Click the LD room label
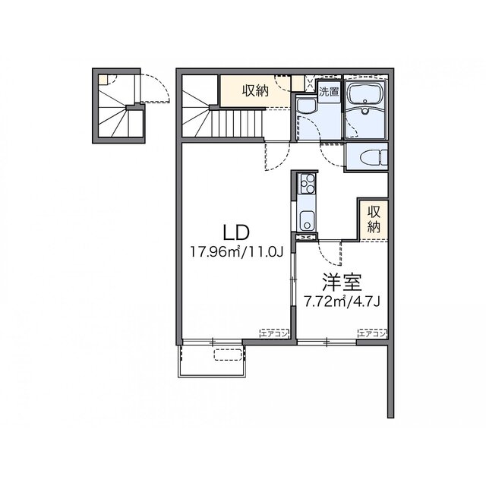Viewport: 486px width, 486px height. (236, 232)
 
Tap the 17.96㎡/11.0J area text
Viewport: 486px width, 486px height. (237, 251)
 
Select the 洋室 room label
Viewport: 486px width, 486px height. (342, 282)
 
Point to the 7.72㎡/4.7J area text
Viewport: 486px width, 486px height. (342, 301)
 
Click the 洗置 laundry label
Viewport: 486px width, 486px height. (329, 91)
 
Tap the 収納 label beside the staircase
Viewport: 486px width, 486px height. (255, 90)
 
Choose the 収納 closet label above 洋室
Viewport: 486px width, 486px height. (374, 219)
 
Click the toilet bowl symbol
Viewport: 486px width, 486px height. (374, 158)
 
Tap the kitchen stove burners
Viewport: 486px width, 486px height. (307, 183)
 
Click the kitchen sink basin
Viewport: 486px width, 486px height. (307, 221)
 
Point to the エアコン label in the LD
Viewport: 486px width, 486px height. (274, 333)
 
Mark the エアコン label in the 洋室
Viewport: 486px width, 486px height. (373, 333)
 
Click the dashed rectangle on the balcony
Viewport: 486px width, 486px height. (228, 355)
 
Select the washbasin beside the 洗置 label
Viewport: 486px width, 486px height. (306, 106)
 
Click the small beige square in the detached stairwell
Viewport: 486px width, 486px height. (103, 80)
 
